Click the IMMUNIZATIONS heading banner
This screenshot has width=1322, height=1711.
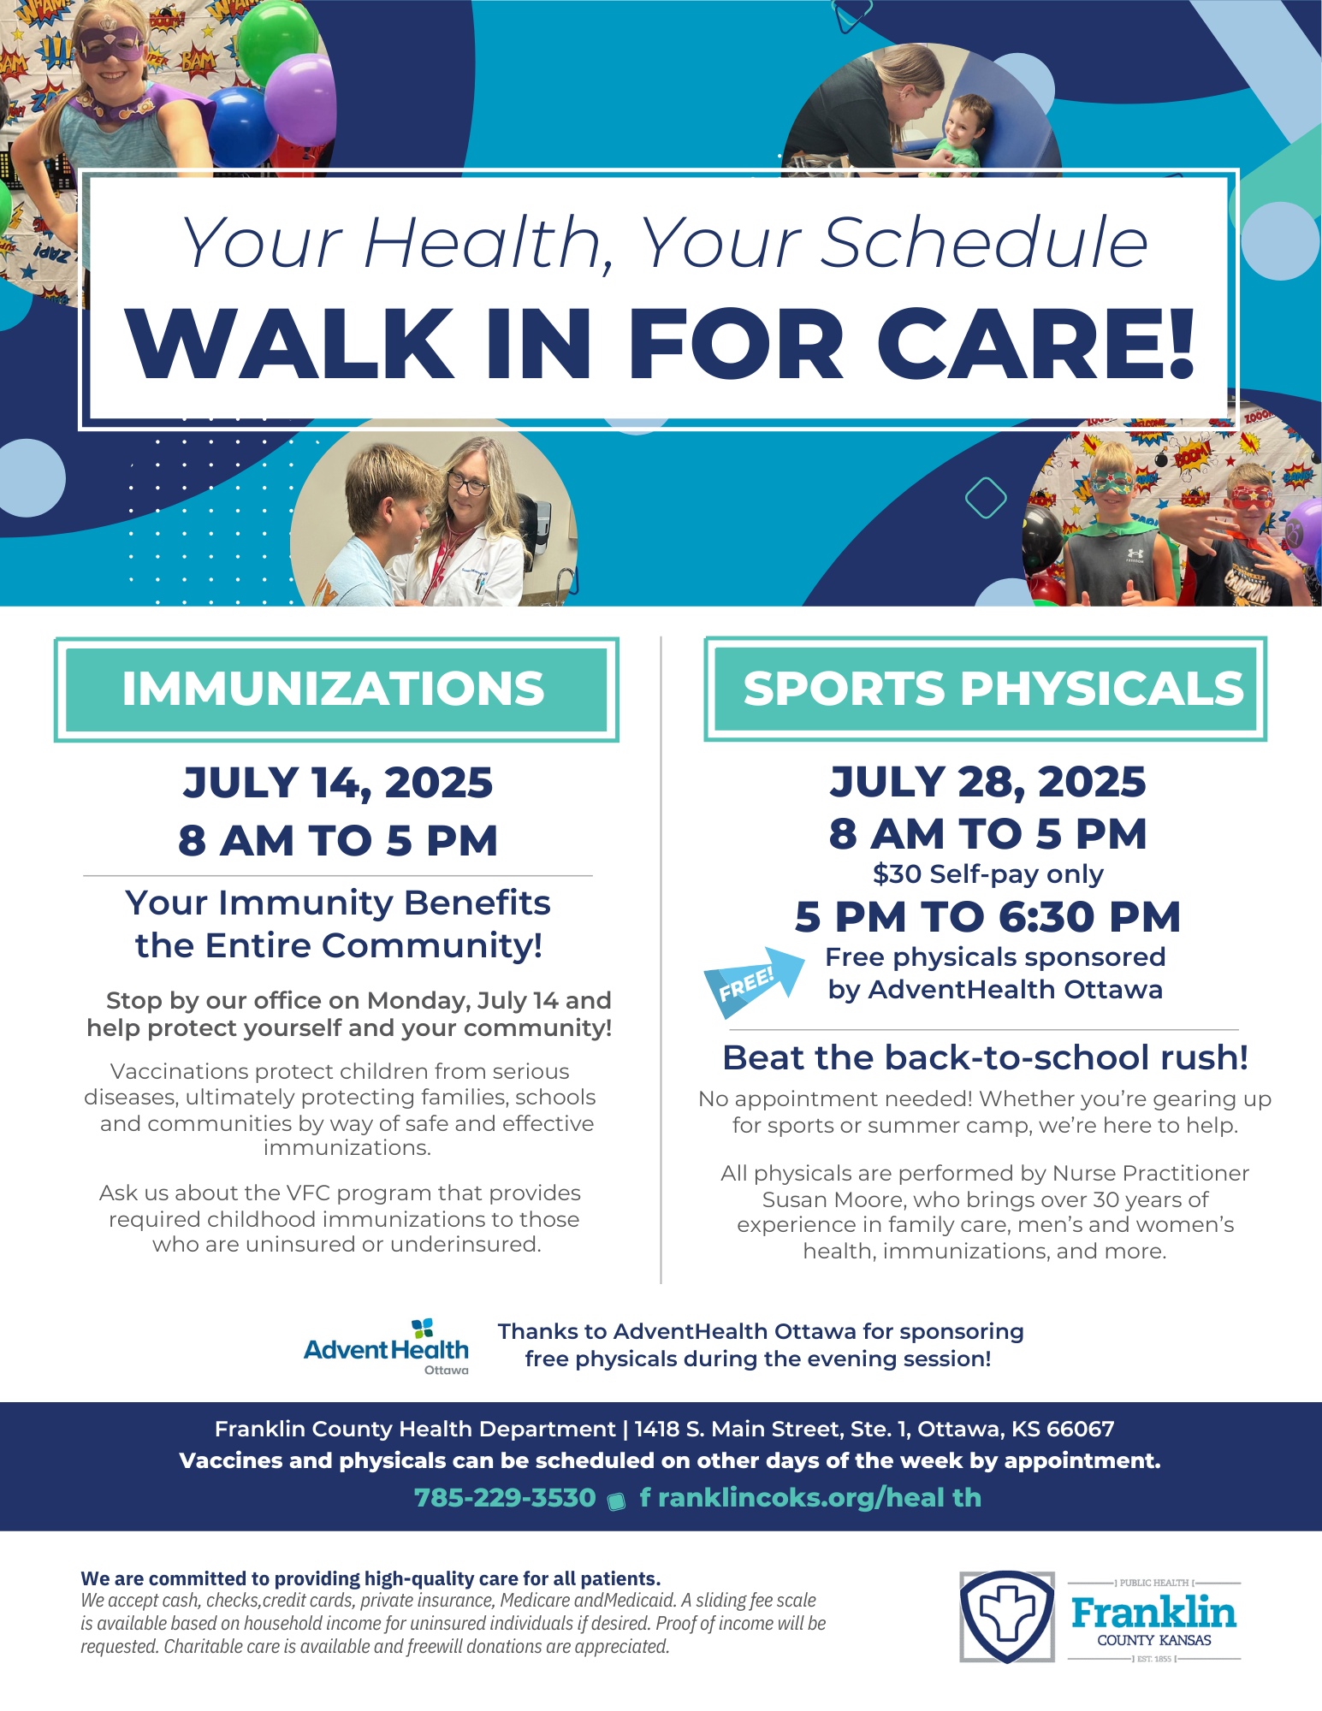[336, 690]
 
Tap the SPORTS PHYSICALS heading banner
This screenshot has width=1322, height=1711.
[986, 689]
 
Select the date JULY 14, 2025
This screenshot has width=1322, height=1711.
[338, 783]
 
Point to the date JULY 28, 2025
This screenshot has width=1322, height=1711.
[987, 782]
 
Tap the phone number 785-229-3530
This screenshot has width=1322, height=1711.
[505, 1498]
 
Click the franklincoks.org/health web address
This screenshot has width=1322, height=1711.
[810, 1498]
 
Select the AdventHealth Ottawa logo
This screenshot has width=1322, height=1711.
[387, 1347]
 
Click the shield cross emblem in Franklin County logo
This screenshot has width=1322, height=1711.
[1007, 1617]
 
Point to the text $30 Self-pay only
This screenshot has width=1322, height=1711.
[988, 874]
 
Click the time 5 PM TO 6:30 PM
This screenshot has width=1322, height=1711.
[987, 917]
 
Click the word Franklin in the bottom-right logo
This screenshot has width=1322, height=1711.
[1154, 1613]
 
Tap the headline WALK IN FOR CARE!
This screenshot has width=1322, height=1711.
[661, 343]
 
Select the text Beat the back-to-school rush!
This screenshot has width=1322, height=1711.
[986, 1058]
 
